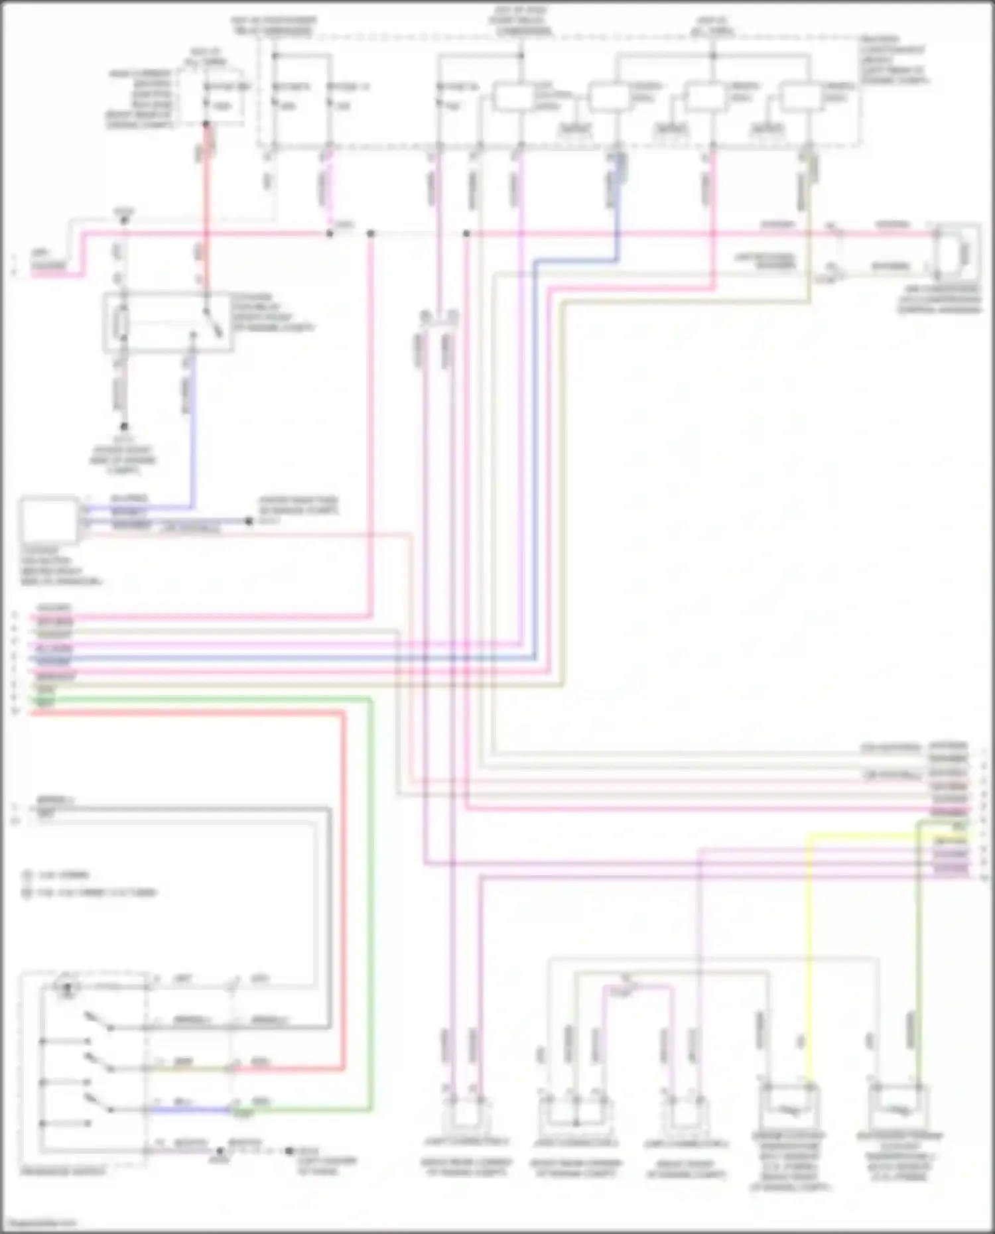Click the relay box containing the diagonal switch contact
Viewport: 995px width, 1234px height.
pos(168,322)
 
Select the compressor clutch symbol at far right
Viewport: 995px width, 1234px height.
pos(958,253)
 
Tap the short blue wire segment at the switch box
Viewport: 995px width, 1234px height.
pos(192,1109)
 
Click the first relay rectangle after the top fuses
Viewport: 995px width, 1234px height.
pos(512,98)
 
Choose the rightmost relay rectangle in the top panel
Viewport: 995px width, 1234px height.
pos(800,98)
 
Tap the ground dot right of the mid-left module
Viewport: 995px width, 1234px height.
pos(249,521)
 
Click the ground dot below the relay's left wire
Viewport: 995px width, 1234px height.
pos(124,426)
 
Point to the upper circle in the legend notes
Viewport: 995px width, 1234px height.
pos(27,875)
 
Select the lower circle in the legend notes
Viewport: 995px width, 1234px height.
pos(27,893)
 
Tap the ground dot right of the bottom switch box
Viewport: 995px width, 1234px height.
pos(289,1151)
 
